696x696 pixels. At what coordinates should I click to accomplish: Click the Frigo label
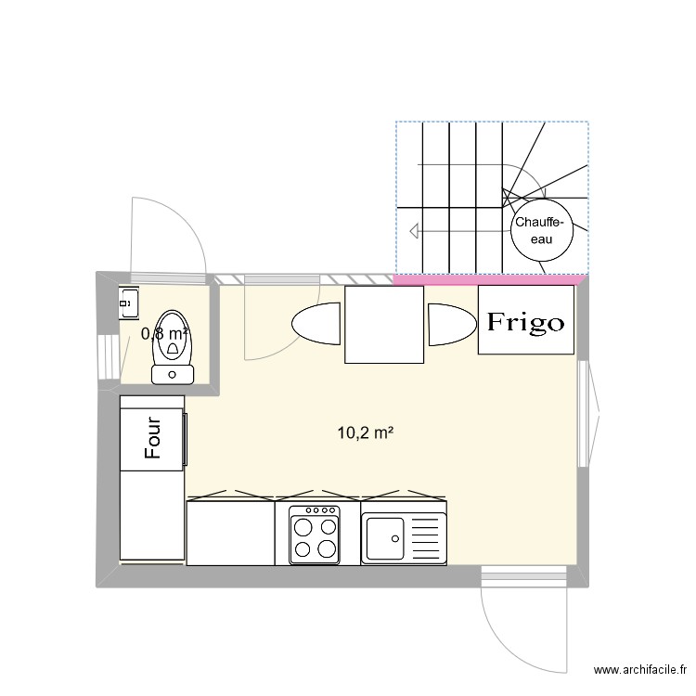point(526,322)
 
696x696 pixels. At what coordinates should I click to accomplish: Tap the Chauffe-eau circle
point(542,230)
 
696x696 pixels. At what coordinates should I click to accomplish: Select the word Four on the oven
point(153,437)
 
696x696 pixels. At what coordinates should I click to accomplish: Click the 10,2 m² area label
point(366,432)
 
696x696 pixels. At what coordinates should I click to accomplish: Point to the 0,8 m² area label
point(164,333)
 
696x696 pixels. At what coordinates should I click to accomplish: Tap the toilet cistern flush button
point(173,375)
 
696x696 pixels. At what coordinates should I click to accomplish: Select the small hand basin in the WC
point(129,303)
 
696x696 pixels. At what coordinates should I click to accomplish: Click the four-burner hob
point(315,535)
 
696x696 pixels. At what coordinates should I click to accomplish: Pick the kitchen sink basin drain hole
point(395,539)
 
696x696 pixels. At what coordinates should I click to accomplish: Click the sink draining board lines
point(427,538)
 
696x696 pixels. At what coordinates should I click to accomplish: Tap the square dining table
point(384,325)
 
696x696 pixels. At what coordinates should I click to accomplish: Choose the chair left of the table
point(316,323)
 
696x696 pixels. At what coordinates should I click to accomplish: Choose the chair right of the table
point(452,325)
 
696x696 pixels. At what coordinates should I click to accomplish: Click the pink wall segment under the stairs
point(488,279)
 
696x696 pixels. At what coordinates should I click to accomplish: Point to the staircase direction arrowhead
point(414,231)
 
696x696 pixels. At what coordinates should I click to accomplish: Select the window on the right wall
point(583,414)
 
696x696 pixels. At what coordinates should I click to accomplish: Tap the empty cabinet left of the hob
point(230,533)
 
